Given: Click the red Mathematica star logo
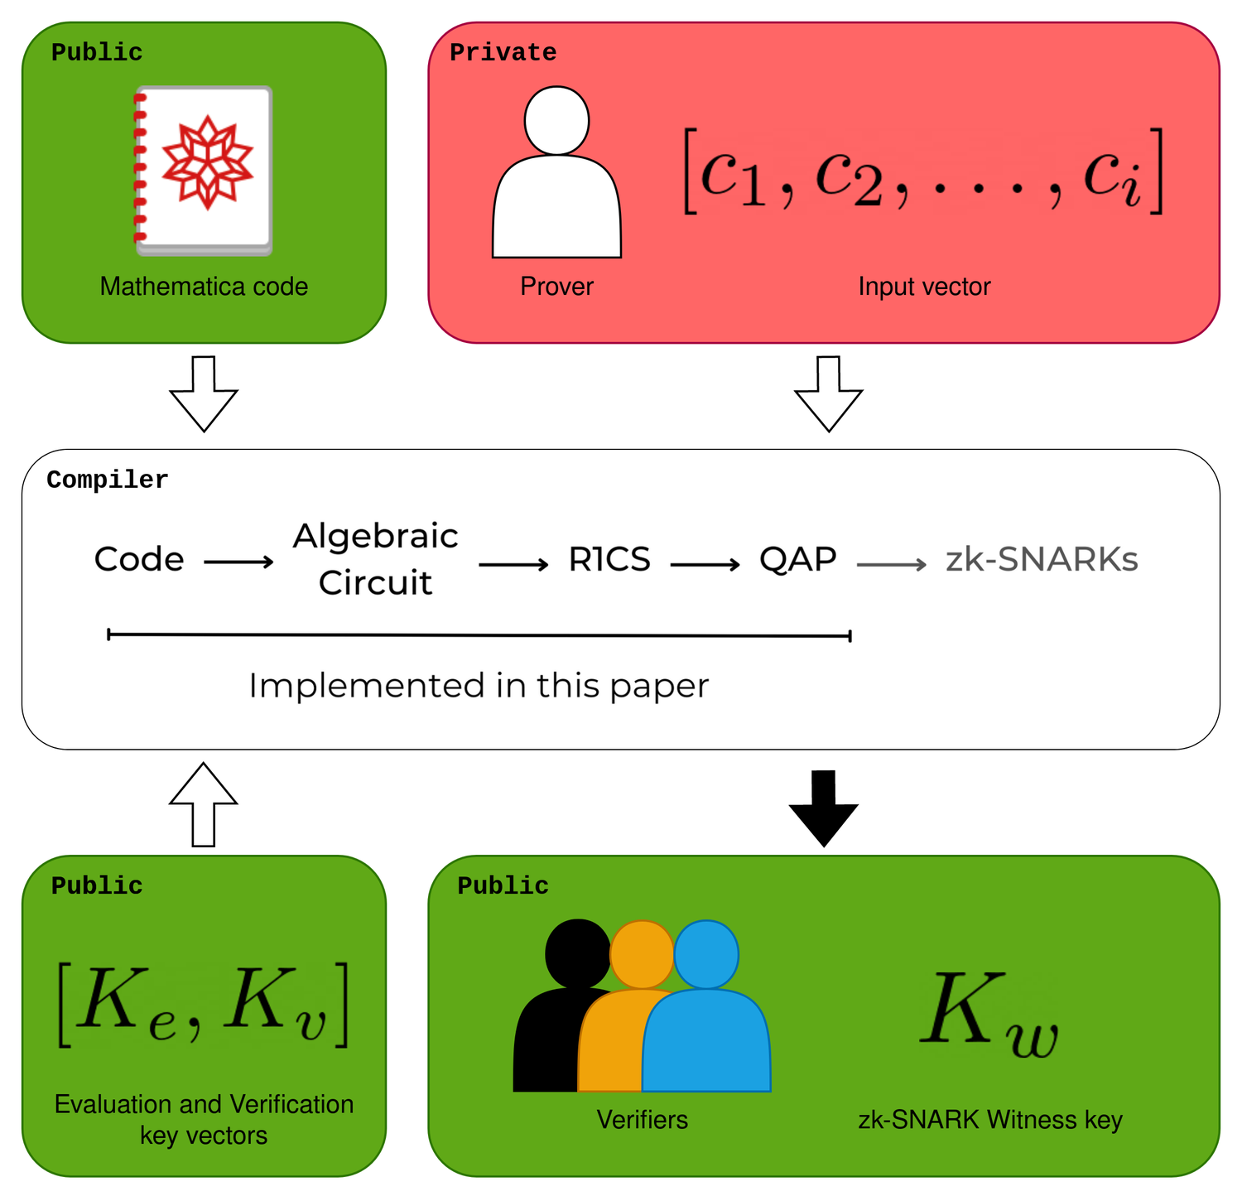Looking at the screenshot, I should pos(207,162).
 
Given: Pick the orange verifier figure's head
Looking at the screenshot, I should pos(642,954).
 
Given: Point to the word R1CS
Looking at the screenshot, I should pos(609,560).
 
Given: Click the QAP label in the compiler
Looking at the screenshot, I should pos(798,560).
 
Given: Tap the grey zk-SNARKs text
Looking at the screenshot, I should pos(1042,561).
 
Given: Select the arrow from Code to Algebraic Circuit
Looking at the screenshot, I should pos(238,563).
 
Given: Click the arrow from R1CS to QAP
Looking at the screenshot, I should pos(705,565).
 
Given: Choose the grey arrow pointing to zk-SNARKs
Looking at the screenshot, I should pos(892,565).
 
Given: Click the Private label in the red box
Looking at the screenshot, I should pos(503,53).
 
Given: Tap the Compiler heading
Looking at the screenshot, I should pos(108,480).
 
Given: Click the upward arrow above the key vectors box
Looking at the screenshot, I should pos(204,803).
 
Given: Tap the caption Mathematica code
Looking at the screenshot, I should pos(204,287).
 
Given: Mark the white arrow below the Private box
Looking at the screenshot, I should pos(829,393).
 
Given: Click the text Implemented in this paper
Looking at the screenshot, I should pos(479,686).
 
